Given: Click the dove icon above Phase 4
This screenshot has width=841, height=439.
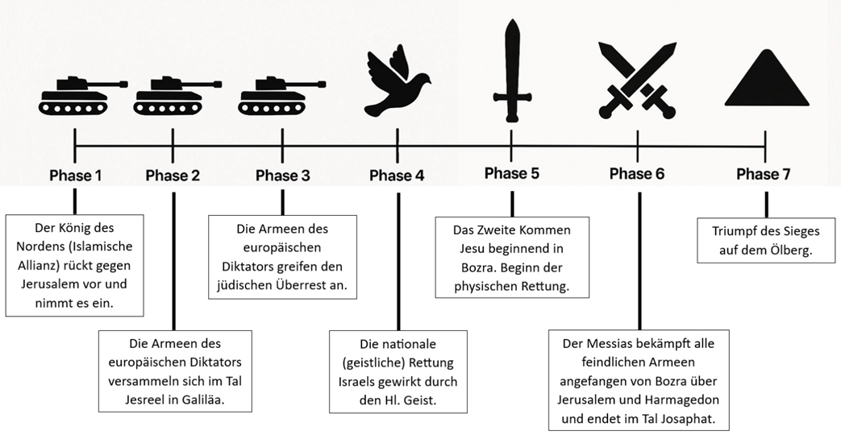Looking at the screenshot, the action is (397, 79).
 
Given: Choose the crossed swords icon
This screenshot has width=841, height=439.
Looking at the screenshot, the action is (637, 80).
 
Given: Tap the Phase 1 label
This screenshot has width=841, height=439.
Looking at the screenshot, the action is (75, 176).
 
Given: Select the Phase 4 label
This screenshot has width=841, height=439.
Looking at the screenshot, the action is (397, 176).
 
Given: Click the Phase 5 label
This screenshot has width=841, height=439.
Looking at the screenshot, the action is (512, 173).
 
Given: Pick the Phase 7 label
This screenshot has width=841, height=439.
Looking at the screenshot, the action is (764, 174).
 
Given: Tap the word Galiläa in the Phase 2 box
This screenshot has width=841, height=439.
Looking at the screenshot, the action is (203, 400).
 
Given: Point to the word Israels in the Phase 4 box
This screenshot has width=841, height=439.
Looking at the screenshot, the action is (356, 382).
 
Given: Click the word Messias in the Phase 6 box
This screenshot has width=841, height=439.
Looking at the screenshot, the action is (608, 344).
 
